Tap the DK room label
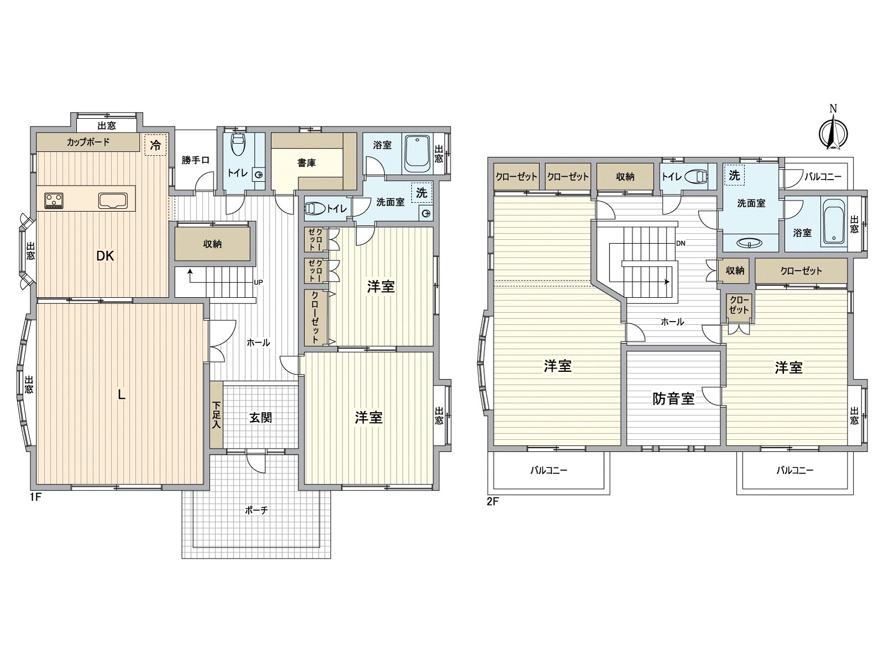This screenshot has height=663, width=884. point(105,256)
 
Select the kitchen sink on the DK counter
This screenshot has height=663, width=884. point(113,200)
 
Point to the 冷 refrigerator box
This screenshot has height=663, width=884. point(156,145)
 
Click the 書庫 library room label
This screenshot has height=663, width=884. point(306,163)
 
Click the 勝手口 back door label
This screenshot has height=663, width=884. point(196,160)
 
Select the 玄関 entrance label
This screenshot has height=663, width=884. point(260,418)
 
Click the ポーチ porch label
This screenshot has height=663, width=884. point(256,511)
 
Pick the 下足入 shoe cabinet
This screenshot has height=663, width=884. point(216,415)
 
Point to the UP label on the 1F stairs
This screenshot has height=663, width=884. point(258,282)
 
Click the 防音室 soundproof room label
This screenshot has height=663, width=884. point(673,398)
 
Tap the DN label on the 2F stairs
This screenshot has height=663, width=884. point(680,243)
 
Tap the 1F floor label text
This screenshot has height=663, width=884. point(36,497)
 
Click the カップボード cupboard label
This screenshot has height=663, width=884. point(88,142)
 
